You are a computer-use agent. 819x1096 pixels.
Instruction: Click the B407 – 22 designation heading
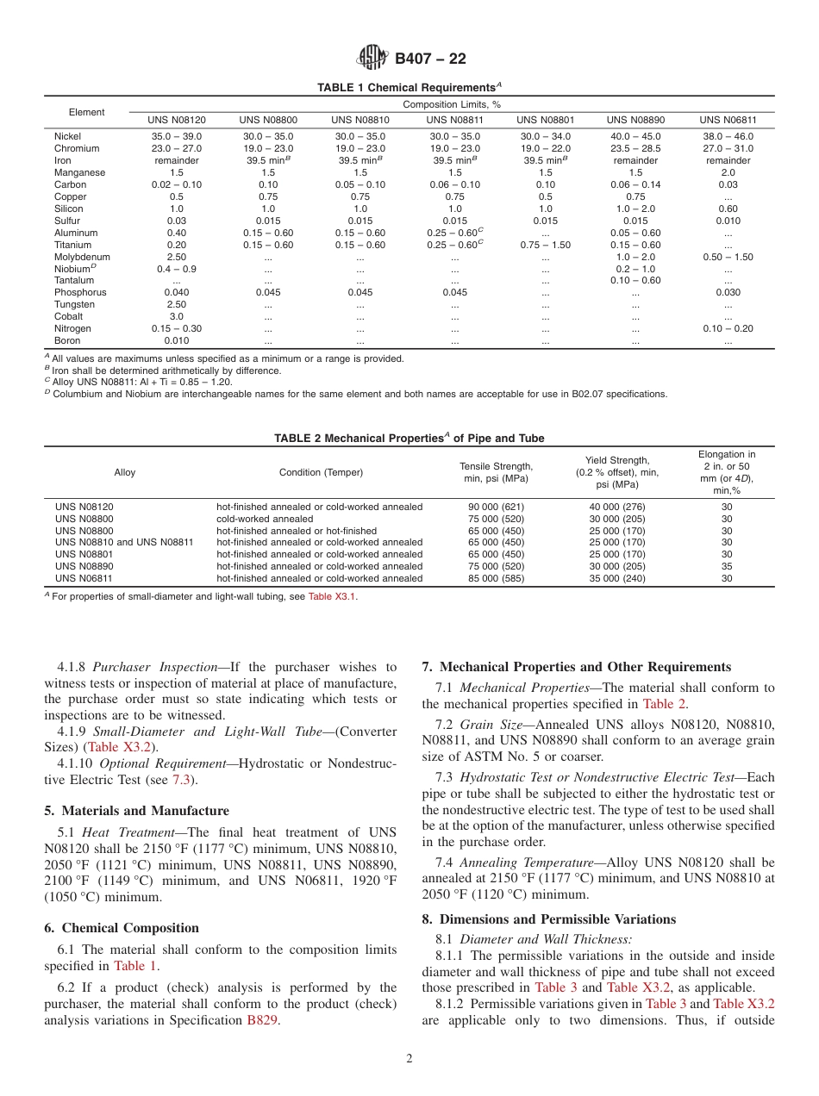(430, 59)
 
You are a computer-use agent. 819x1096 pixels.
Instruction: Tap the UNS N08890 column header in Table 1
(635, 120)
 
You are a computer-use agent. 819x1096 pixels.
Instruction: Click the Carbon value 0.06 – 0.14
(635, 184)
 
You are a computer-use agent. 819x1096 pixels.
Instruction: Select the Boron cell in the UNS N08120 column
(176, 340)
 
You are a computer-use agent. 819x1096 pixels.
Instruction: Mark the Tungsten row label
(74, 304)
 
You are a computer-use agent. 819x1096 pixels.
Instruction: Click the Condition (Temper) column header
(321, 472)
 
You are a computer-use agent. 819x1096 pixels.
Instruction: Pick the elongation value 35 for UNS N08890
(727, 566)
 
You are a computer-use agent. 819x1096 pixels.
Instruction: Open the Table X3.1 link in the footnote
(331, 596)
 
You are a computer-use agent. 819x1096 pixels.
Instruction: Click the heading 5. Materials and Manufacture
(136, 810)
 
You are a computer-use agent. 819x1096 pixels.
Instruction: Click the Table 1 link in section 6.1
(136, 966)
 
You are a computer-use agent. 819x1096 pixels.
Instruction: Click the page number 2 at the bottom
(409, 1059)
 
